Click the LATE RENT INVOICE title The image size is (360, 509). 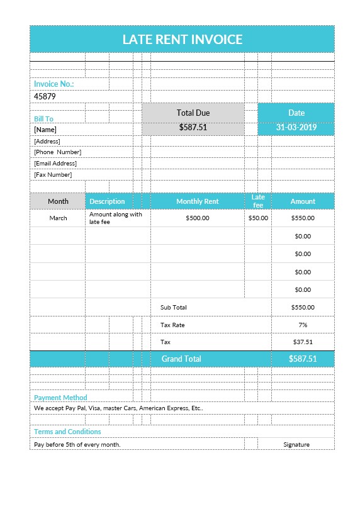(182, 40)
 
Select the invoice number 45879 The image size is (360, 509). (45, 96)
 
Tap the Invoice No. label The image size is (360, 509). (54, 84)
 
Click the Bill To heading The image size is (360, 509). (43, 118)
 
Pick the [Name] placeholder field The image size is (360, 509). (45, 130)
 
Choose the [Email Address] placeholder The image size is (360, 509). (55, 164)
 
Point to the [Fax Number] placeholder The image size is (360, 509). (53, 175)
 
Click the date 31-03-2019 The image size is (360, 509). (296, 127)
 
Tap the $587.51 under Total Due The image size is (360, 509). (193, 127)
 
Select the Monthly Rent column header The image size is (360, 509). (197, 201)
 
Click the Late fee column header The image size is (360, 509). (258, 201)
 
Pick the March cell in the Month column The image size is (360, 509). (58, 218)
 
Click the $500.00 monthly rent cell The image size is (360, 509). (198, 218)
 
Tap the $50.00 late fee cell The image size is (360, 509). (258, 218)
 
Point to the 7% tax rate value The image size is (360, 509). (303, 325)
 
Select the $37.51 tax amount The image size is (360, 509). (303, 342)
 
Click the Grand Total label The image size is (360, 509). (181, 359)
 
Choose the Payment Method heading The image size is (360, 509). (60, 398)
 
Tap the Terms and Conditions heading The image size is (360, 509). (67, 432)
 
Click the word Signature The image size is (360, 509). (296, 444)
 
